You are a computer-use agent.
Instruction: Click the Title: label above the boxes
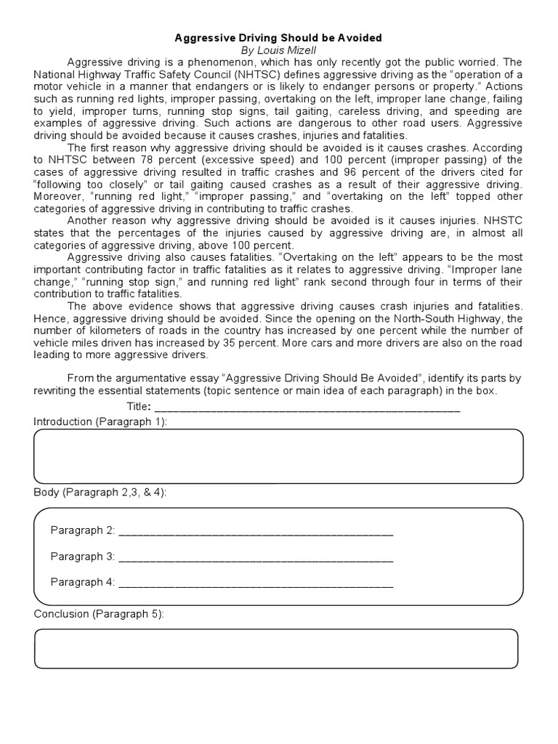[x=139, y=406]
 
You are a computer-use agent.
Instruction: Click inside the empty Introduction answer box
[x=278, y=456]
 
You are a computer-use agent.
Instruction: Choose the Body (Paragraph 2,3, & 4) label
[x=100, y=493]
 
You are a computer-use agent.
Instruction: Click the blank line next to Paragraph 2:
[x=255, y=533]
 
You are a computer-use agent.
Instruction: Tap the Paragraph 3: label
[x=83, y=557]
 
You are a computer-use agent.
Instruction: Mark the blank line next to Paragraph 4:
[x=255, y=584]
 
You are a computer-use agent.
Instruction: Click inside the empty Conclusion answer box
[x=276, y=649]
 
